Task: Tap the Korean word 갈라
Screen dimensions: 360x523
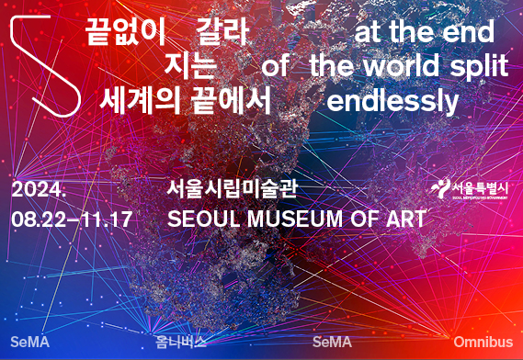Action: point(223,33)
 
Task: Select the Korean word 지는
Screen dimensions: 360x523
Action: point(190,67)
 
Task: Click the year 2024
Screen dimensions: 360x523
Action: point(40,191)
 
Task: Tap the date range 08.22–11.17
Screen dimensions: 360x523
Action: point(72,220)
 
